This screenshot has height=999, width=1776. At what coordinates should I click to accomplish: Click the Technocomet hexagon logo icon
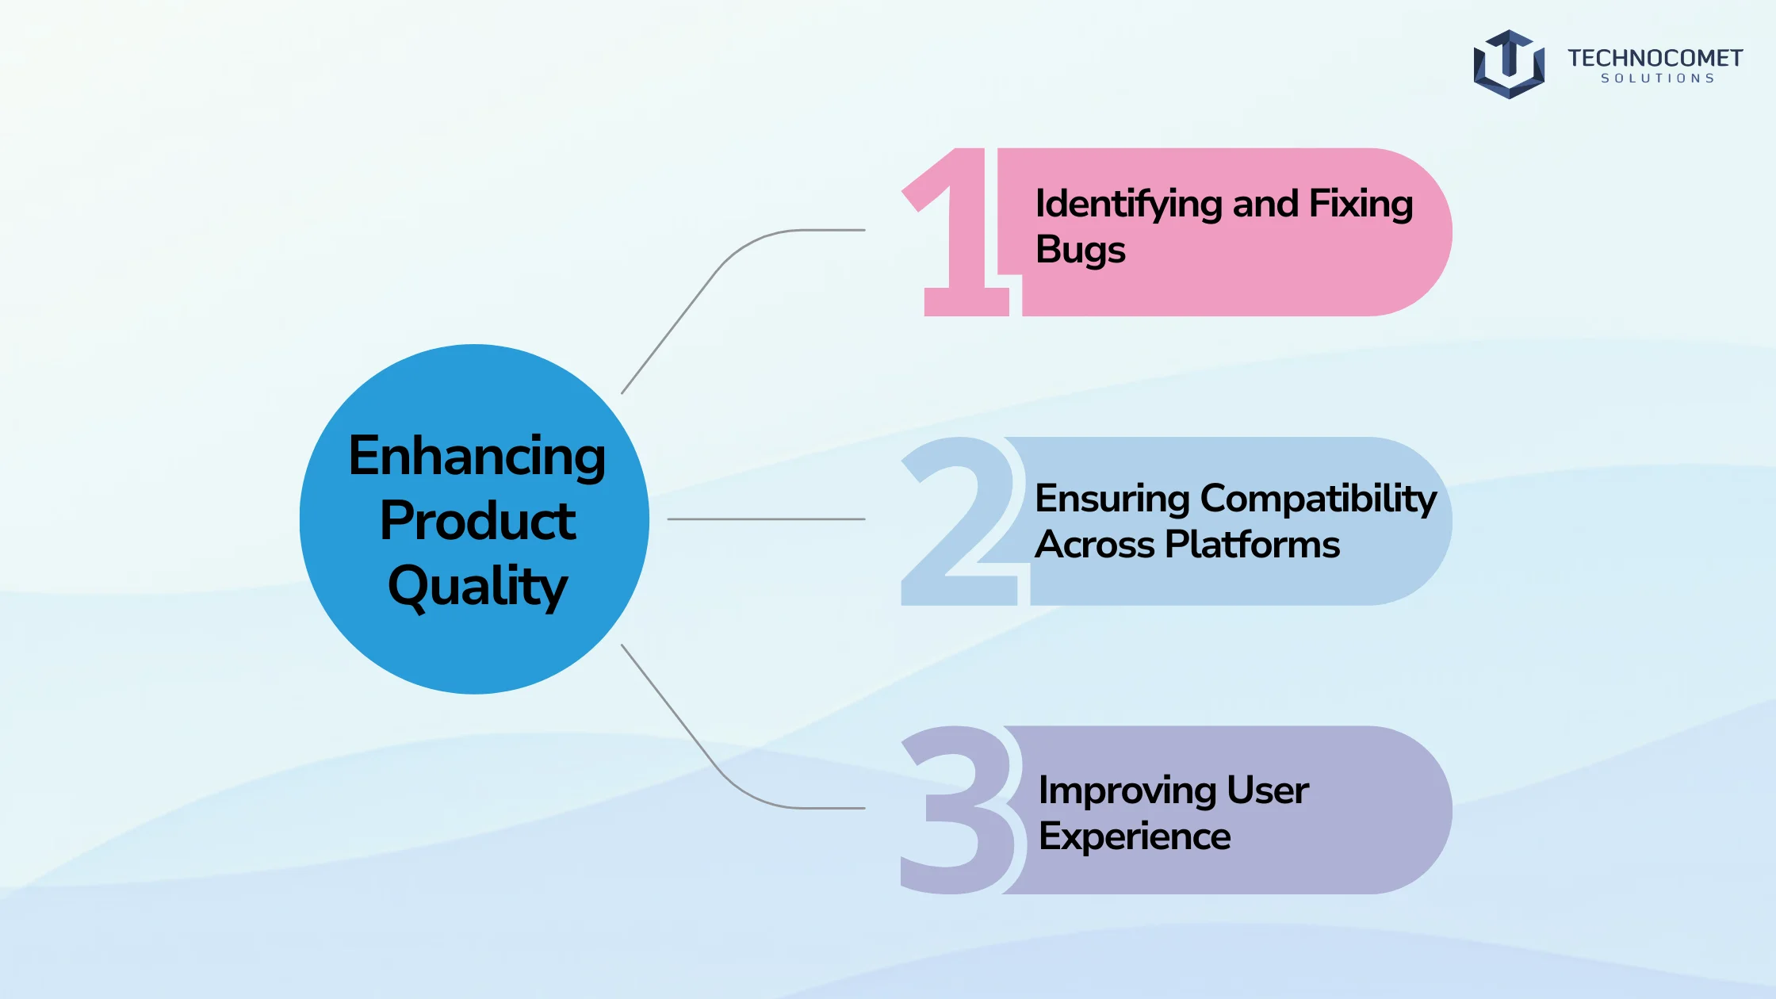click(x=1509, y=64)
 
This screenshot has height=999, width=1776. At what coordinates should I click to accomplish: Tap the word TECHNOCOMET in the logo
click(x=1655, y=58)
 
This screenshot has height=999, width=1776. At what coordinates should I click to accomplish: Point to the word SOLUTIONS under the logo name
click(x=1658, y=78)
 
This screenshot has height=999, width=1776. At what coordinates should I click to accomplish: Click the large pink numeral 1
click(x=961, y=232)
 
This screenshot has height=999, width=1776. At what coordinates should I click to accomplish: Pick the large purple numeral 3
click(x=959, y=810)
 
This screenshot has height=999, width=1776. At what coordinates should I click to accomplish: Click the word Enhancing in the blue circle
click(x=477, y=458)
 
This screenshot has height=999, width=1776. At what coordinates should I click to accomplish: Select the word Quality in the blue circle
click(x=477, y=588)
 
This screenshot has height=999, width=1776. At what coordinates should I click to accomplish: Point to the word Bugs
click(x=1081, y=251)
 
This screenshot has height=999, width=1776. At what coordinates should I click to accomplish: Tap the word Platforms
click(x=1253, y=545)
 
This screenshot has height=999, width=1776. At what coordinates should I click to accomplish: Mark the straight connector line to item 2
click(x=766, y=519)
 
